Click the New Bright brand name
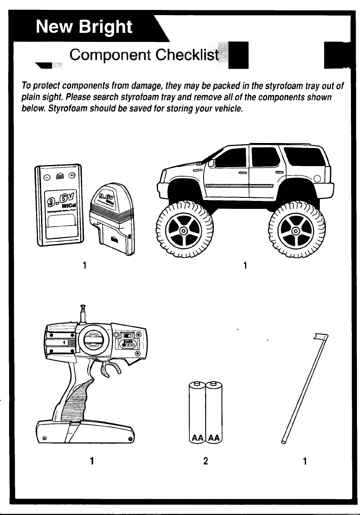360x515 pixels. click(85, 27)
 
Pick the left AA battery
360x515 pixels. click(197, 411)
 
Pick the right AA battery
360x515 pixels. click(214, 411)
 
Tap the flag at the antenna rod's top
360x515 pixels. click(322, 337)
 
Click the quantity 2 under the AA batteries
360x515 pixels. click(206, 461)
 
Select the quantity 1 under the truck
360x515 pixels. click(245, 265)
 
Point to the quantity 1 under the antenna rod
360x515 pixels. click(305, 461)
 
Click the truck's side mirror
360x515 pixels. click(212, 164)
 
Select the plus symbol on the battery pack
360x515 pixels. click(72, 175)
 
